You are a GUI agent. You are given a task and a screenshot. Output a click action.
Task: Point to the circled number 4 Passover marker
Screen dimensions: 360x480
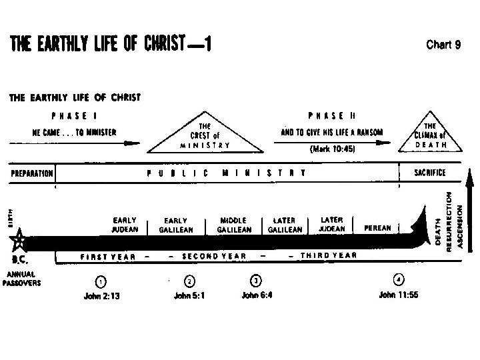[397, 279]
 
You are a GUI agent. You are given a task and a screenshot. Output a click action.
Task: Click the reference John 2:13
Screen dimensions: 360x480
[101, 296]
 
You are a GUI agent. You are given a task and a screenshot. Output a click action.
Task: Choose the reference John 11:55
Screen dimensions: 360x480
[397, 296]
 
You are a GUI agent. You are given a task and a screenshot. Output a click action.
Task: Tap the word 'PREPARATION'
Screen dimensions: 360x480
[31, 173]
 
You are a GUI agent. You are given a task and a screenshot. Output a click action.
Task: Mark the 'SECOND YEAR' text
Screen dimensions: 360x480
[213, 256]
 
